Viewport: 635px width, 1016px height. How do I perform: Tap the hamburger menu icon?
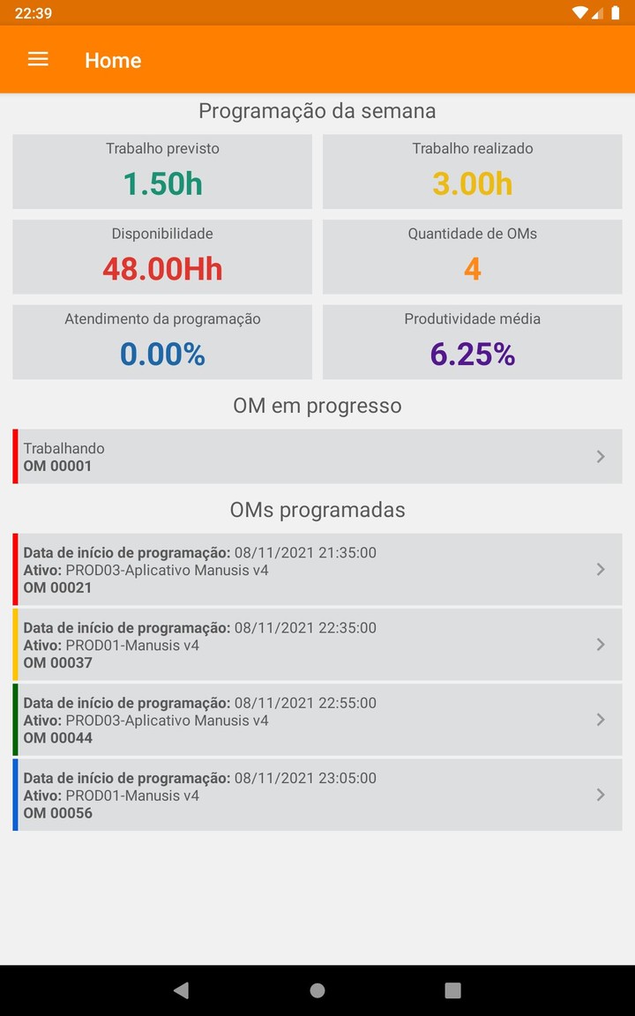click(x=38, y=59)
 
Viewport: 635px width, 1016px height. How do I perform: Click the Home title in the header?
click(x=113, y=60)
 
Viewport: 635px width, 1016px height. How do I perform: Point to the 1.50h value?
click(x=162, y=183)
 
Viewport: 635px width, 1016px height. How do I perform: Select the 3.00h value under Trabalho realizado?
click(x=473, y=183)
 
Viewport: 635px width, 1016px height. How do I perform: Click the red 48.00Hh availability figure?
click(x=162, y=269)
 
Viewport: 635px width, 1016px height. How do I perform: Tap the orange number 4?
click(x=473, y=269)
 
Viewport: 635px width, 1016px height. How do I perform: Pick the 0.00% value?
click(x=162, y=355)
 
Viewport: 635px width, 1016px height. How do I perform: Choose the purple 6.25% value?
click(x=473, y=355)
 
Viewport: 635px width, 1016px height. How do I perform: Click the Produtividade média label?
click(x=473, y=319)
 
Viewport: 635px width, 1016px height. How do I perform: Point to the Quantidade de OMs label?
click(x=473, y=234)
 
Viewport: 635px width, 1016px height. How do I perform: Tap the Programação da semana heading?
click(x=317, y=111)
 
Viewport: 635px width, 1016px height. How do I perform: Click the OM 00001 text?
click(x=57, y=466)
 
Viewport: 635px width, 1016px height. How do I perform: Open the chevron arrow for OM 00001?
click(x=601, y=456)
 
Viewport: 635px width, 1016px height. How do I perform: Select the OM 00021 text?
click(x=57, y=587)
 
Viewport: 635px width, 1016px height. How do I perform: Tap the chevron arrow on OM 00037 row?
click(x=601, y=645)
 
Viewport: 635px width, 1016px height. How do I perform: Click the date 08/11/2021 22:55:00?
click(x=305, y=703)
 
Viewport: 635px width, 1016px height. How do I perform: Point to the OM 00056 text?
click(x=57, y=813)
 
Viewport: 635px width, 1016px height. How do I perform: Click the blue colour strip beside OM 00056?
click(x=15, y=795)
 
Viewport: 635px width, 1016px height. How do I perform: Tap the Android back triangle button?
click(x=181, y=990)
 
